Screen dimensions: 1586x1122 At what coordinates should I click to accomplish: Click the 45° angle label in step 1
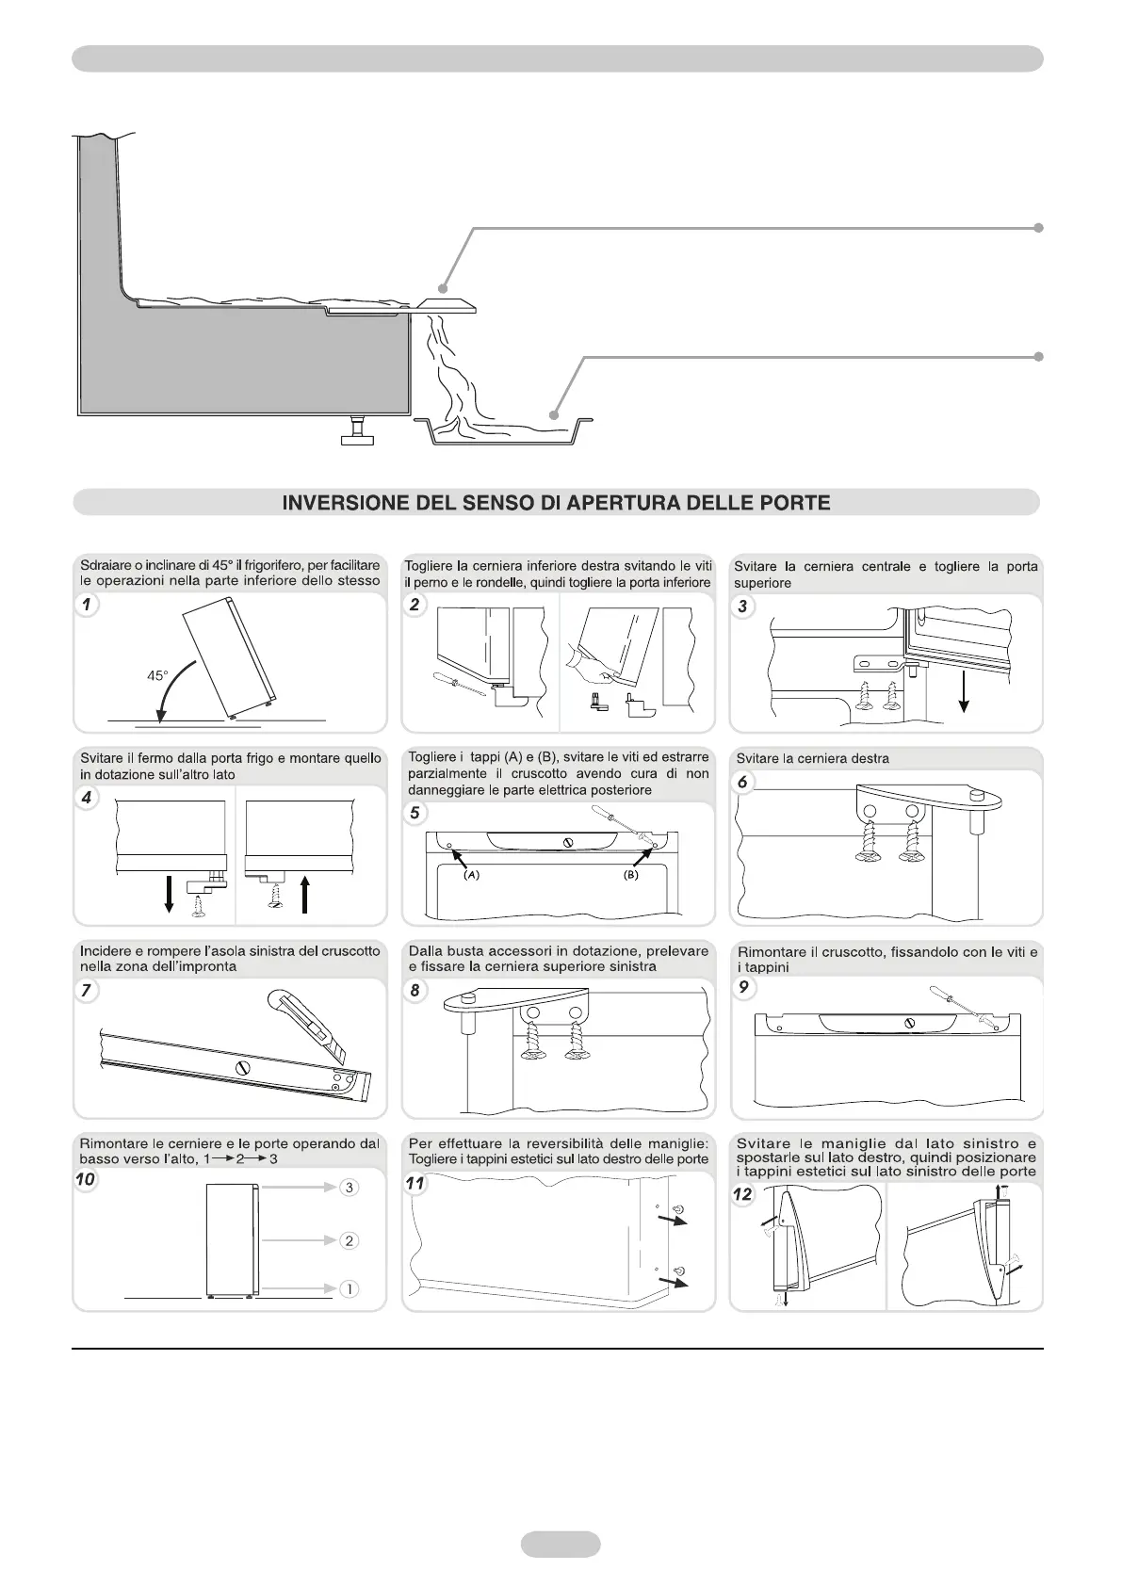point(158,675)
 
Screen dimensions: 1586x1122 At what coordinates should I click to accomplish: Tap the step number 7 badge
point(87,990)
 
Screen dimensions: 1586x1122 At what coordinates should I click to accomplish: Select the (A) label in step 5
point(472,875)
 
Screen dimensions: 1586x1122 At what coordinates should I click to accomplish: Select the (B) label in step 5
point(630,875)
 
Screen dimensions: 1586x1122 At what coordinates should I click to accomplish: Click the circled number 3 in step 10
point(349,1188)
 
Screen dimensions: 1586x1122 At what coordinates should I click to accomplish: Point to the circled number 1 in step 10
point(349,1288)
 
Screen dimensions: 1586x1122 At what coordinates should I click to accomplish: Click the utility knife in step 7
point(311,1022)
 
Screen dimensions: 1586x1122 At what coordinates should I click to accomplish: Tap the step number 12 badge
point(743,1194)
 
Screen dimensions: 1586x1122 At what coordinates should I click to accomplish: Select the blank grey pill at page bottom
point(560,1544)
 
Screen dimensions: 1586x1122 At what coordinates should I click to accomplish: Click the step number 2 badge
point(415,605)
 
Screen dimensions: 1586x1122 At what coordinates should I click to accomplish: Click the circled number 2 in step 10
point(349,1240)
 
